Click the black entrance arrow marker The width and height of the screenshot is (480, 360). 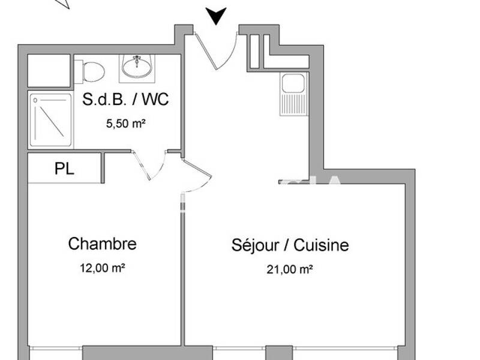[x=215, y=16]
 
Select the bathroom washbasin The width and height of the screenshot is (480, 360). [x=137, y=66]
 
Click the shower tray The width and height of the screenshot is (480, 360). [x=50, y=119]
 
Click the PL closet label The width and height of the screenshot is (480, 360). [x=64, y=169]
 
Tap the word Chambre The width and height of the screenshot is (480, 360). [x=102, y=244]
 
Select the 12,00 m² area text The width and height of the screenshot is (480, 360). [x=102, y=268]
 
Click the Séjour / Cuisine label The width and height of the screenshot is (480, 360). [x=290, y=245]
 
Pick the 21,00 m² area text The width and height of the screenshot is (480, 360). [x=290, y=269]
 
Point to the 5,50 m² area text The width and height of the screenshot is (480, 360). [x=125, y=124]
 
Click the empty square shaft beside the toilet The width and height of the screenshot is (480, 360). [x=50, y=71]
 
